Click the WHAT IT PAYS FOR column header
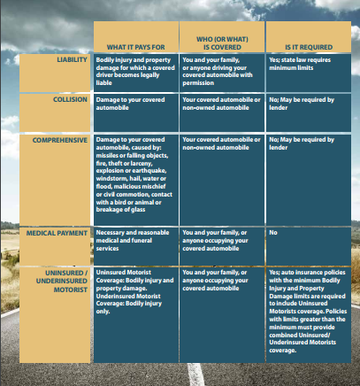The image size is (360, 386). (x=134, y=44)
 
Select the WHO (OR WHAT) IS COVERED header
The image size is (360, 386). (x=222, y=39)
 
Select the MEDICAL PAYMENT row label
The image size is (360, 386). (x=59, y=233)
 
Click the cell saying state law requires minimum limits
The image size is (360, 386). (x=303, y=64)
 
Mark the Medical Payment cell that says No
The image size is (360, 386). (x=273, y=233)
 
